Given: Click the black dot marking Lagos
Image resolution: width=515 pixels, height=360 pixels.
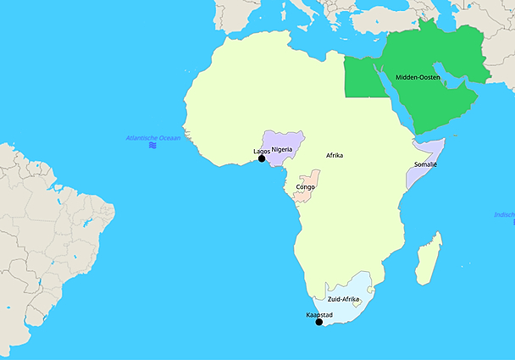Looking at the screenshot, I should tap(262, 158).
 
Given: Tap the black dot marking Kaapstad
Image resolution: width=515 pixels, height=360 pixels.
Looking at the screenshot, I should tap(318, 322).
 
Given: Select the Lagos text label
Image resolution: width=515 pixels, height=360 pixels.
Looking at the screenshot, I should tap(262, 152).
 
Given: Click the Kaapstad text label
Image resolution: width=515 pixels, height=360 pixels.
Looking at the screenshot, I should tap(319, 315).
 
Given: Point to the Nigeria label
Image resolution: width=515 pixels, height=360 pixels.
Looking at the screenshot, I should tap(282, 149).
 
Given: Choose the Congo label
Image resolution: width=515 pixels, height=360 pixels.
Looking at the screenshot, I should tap(306, 186).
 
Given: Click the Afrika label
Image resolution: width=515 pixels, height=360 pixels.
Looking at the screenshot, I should tap(335, 156).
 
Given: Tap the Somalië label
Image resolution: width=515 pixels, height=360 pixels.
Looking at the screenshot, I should tap(425, 164).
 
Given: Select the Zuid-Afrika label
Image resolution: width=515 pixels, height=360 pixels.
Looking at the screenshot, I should tap(344, 300).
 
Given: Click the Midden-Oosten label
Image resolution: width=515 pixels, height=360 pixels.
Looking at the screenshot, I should tap(418, 78).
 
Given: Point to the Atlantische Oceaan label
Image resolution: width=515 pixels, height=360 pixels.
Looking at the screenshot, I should tap(152, 137).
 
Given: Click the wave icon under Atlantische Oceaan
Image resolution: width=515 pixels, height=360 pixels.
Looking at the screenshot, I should tap(152, 146).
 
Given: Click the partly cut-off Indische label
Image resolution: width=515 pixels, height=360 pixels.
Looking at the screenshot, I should tap(505, 214).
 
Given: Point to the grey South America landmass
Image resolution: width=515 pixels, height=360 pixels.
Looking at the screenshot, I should tap(42, 229).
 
